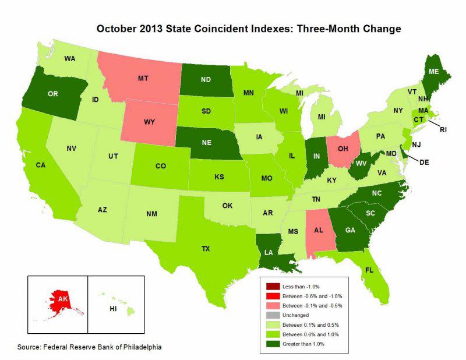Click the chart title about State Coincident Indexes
(x=249, y=27)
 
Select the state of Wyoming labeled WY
(x=150, y=122)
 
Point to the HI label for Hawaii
(x=114, y=308)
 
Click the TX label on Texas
(x=205, y=248)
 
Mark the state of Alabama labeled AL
(x=318, y=229)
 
